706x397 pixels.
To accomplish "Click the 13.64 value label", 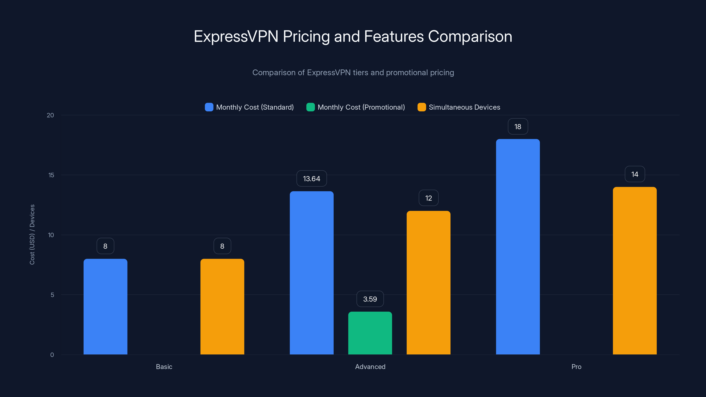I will (x=312, y=179).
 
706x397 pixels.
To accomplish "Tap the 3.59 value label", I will (x=370, y=299).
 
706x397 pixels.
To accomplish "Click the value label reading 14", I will (x=635, y=174).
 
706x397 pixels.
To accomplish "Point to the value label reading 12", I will (x=428, y=198).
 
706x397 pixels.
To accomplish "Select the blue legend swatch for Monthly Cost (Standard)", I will (x=209, y=107).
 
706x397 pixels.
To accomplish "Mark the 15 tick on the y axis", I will (x=51, y=175).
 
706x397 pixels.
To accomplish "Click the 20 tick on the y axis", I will (x=51, y=115).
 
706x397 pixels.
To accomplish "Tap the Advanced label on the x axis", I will (x=370, y=367).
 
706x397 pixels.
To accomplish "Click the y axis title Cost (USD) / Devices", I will (x=32, y=234).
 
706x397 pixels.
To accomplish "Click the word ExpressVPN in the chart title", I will (x=236, y=36).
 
